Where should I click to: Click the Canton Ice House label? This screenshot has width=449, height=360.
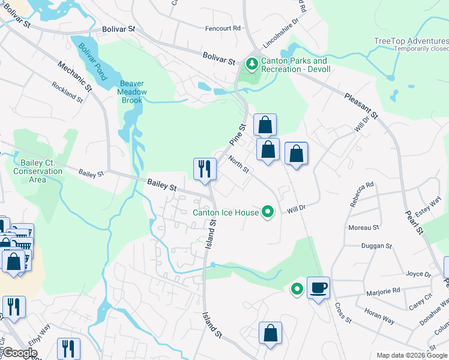click(x=225, y=212)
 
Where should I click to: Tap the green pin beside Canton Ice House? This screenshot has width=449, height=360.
click(x=269, y=212)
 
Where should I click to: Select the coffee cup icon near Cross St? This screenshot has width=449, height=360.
click(x=318, y=287)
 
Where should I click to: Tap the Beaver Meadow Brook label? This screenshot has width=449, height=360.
click(x=133, y=92)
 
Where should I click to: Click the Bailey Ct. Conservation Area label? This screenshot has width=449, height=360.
click(x=38, y=171)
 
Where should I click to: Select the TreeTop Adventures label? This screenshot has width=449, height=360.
click(x=411, y=41)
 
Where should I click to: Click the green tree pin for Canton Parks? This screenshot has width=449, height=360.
click(x=252, y=62)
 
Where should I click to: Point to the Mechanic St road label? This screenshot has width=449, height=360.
click(x=74, y=77)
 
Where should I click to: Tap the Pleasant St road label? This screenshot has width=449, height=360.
click(x=362, y=106)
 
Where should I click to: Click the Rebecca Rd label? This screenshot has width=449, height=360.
click(x=361, y=194)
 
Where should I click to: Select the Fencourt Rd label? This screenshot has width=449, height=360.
click(x=223, y=28)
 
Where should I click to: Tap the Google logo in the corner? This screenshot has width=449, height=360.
click(x=20, y=353)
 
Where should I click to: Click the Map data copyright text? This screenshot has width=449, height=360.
click(x=412, y=355)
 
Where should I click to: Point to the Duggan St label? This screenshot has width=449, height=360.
click(x=376, y=246)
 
